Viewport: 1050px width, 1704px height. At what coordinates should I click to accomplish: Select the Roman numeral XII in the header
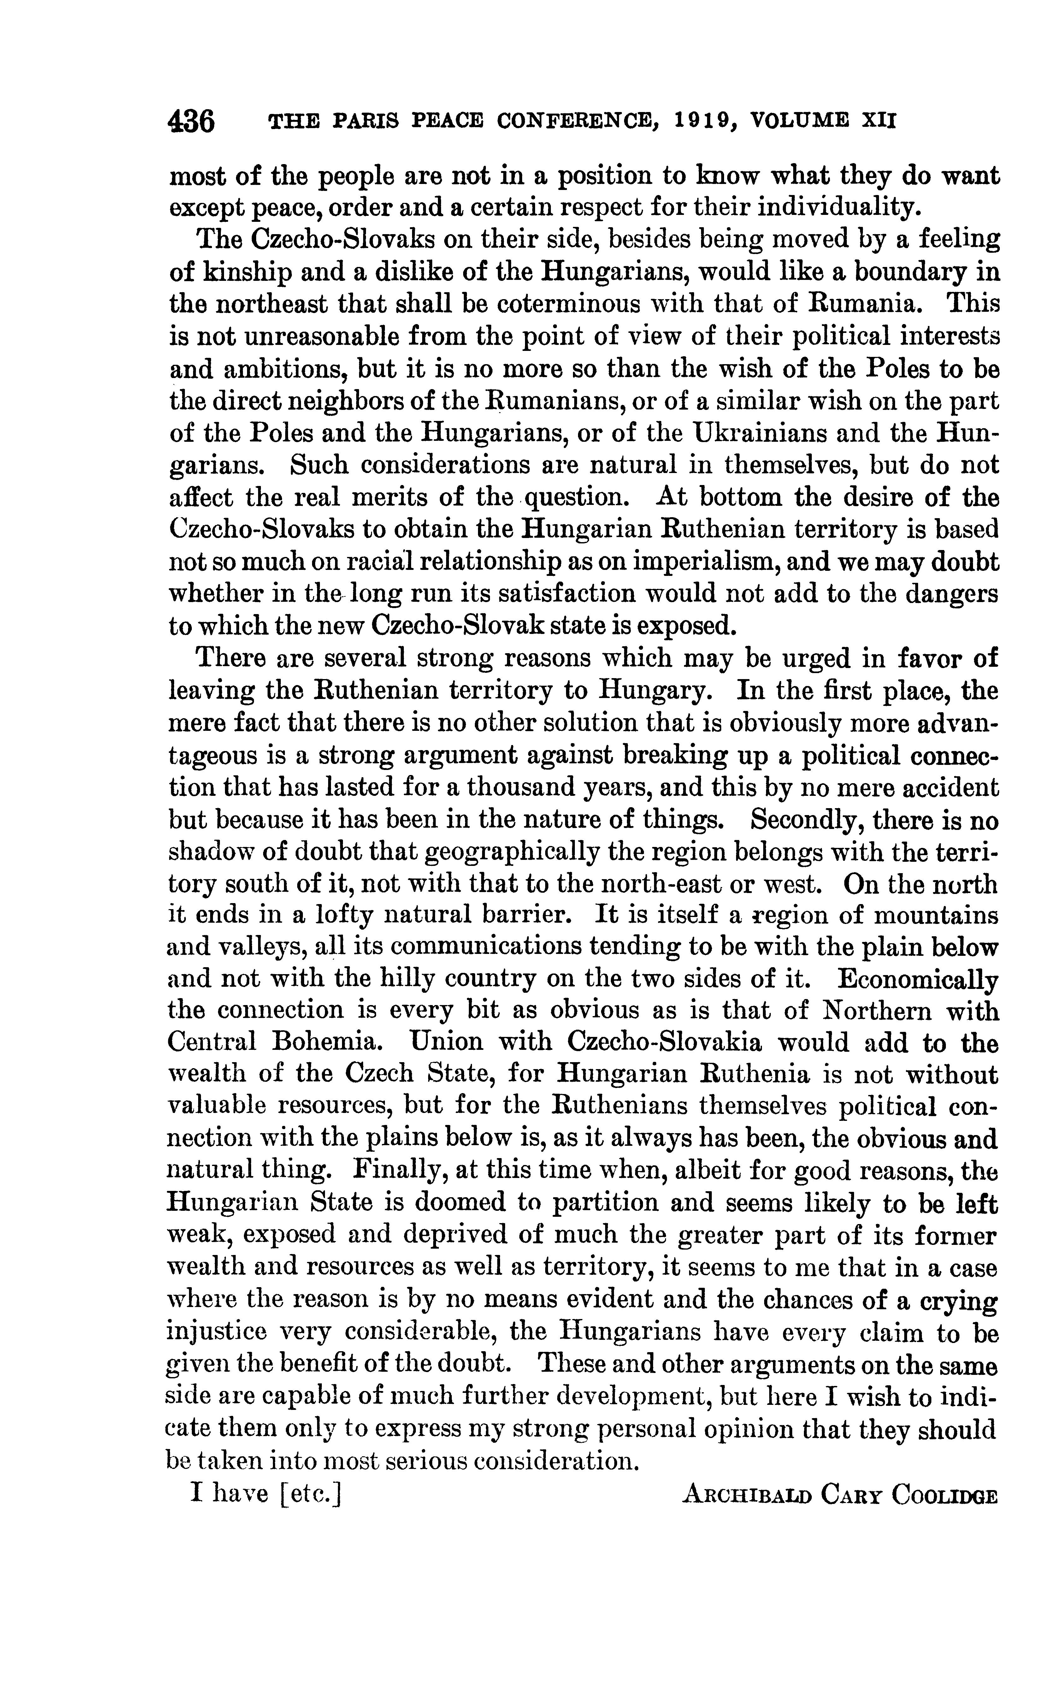[x=878, y=121]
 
